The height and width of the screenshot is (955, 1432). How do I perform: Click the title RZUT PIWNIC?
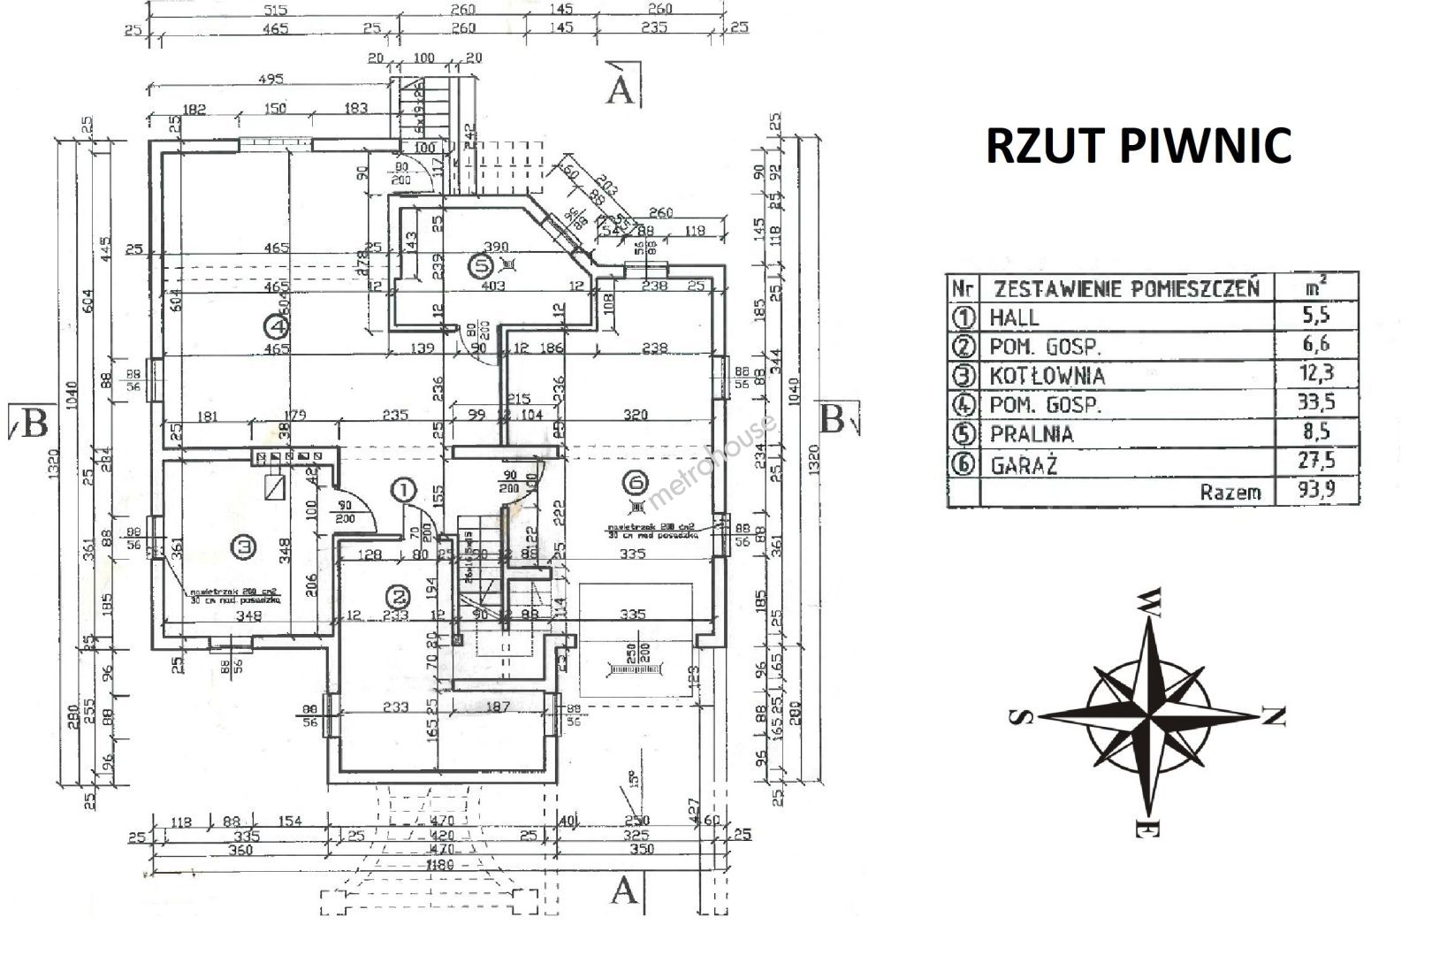pos(1139,146)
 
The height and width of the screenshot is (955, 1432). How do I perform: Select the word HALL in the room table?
pos(1015,317)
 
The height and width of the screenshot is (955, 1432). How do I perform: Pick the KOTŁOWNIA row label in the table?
pos(1047,375)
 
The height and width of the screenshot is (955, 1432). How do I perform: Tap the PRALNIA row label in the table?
pos(1032,434)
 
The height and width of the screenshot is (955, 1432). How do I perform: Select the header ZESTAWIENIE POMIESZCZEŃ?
pos(1126,288)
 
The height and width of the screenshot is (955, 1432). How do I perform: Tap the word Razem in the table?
pos(1230,493)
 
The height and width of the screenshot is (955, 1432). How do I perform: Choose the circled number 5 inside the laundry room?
pos(481,263)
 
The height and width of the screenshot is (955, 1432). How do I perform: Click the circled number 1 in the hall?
pos(403,489)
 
